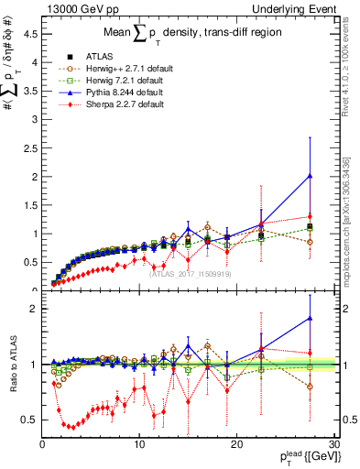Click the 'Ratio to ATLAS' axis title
click(12, 366)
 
